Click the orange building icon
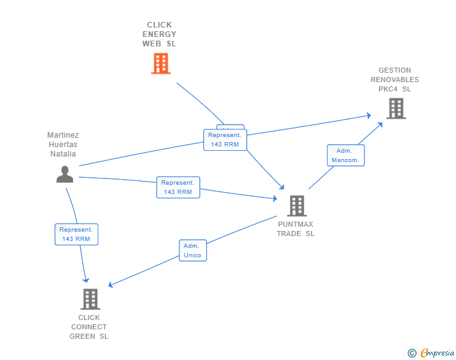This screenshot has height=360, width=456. [x=161, y=63]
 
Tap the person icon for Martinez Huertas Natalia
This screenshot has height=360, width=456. [x=65, y=175]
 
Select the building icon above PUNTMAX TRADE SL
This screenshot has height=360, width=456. [x=296, y=205]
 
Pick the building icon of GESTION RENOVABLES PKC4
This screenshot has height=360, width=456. [x=395, y=108]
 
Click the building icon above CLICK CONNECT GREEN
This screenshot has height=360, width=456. [x=90, y=299]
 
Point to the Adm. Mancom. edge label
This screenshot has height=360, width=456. [x=345, y=155]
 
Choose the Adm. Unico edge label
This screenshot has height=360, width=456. [x=192, y=250]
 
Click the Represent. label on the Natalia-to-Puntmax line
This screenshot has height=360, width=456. [x=178, y=187]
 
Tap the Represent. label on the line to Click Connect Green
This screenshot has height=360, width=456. [x=76, y=234]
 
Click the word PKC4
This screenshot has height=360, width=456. [x=388, y=89]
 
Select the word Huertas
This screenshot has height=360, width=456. [x=63, y=145]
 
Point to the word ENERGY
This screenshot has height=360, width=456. [x=159, y=34]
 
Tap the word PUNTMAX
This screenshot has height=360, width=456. [x=296, y=224]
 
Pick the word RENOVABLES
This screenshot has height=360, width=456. [x=395, y=80]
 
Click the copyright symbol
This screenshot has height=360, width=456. [x=412, y=353]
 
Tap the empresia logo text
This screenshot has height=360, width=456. [x=437, y=353]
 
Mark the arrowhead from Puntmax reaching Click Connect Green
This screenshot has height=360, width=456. [x=111, y=285]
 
